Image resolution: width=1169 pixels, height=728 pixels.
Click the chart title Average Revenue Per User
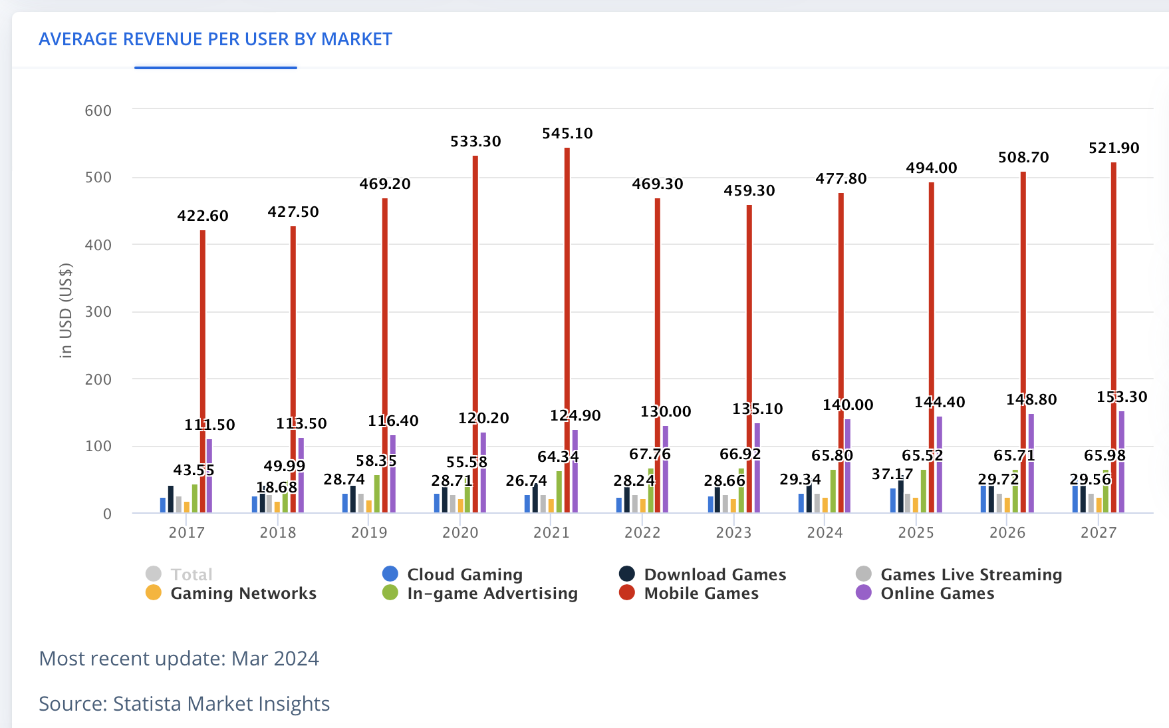pos(215,39)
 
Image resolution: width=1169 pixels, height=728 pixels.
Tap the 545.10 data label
pos(567,134)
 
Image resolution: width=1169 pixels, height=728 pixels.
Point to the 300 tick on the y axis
pos(98,312)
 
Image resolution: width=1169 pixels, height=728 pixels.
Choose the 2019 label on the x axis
pos(369,532)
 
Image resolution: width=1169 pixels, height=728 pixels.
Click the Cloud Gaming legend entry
pos(464,574)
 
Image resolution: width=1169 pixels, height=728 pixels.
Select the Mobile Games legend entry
pos(701,593)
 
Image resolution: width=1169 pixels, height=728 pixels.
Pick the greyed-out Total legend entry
pos(191,574)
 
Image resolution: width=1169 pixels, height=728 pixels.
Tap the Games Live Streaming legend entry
pos(971,574)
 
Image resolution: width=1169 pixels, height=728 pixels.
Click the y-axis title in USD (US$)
pos(66,311)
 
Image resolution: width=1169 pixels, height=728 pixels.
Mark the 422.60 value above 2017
pos(203,216)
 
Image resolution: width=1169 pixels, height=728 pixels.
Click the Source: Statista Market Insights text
pos(184,703)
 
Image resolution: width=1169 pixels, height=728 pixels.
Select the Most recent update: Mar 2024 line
pos(179,658)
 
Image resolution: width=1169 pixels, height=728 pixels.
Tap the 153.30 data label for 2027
pos(1122,397)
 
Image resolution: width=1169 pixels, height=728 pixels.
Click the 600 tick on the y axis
pos(98,110)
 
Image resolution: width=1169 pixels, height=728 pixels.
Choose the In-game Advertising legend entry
pos(492,593)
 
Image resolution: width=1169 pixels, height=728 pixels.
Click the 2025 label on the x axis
pos(916,532)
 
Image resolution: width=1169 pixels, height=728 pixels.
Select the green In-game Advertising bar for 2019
pos(377,494)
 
